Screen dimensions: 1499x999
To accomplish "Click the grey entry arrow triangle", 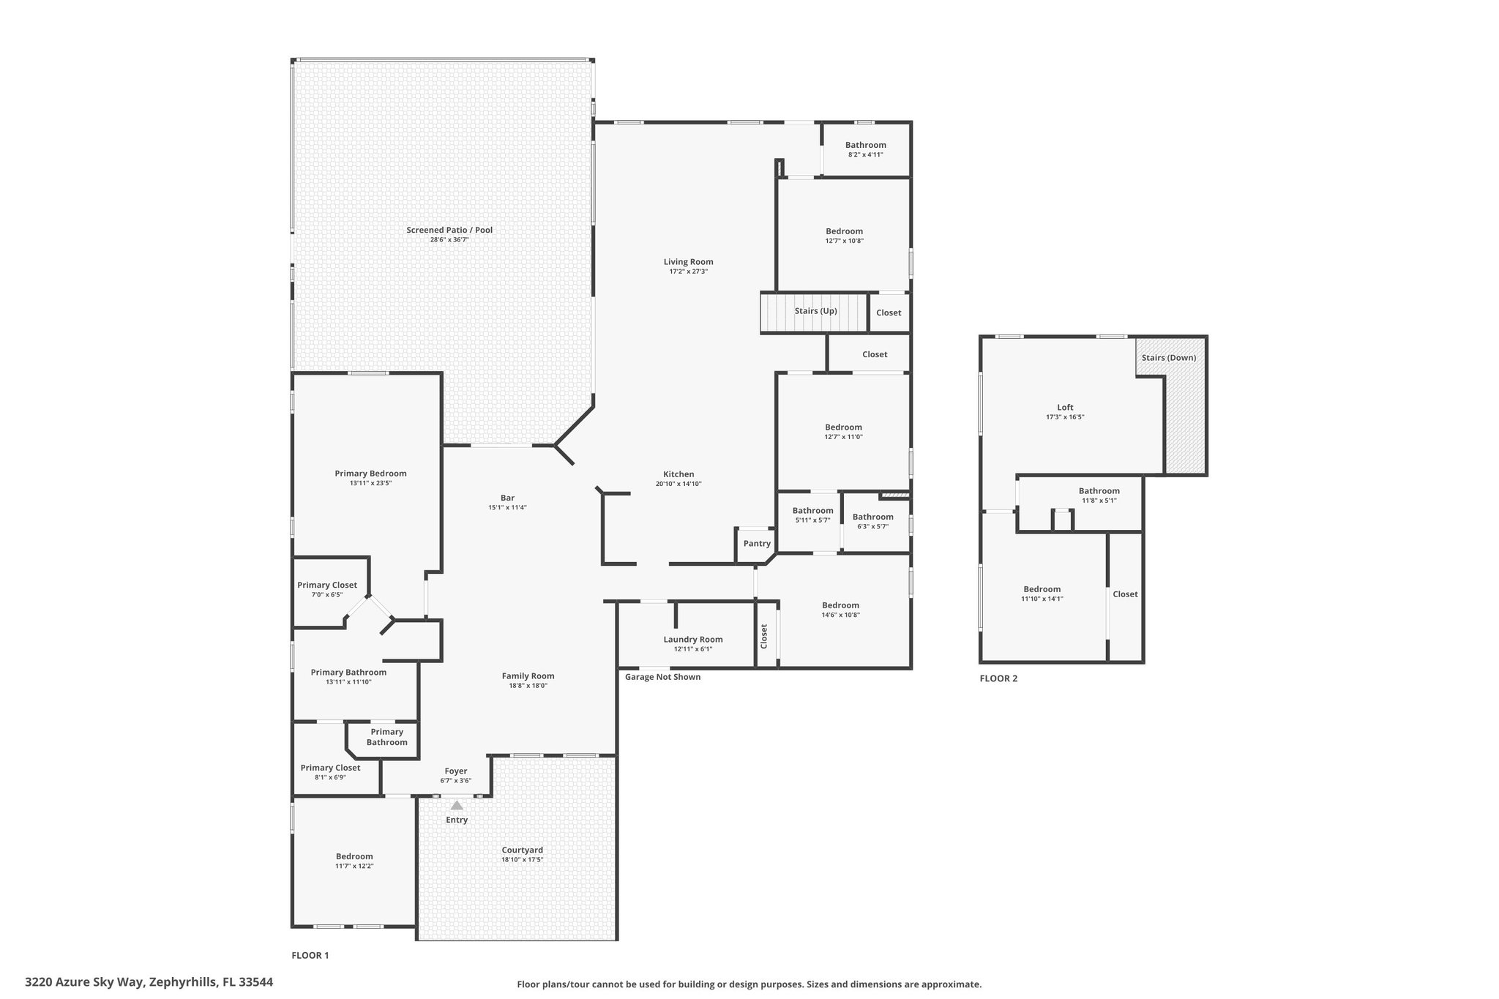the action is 457,805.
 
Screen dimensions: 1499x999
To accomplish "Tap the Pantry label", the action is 757,544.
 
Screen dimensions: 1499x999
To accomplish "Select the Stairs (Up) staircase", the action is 815,313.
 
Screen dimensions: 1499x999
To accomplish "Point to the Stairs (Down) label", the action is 1169,358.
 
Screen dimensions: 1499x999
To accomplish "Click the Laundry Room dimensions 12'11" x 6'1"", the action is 693,649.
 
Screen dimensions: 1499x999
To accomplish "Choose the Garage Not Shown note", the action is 662,677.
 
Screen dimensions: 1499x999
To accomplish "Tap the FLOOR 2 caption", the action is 998,678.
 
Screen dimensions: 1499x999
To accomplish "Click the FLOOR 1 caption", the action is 310,955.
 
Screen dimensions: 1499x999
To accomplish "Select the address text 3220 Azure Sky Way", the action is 86,982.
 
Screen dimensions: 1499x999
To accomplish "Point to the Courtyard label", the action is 523,850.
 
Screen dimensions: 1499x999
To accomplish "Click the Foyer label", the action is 456,771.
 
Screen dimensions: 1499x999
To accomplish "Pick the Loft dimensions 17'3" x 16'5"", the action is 1065,417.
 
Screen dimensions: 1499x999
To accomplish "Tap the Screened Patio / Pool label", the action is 449,230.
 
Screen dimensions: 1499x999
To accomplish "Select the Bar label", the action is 507,498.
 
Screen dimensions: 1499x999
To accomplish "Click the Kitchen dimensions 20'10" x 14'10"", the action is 679,484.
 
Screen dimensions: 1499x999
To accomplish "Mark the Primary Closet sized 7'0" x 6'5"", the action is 327,589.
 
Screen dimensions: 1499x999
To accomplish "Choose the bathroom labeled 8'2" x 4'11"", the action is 866,149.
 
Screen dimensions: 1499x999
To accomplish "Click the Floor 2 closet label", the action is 1125,594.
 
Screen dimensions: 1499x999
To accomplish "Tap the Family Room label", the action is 528,676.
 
